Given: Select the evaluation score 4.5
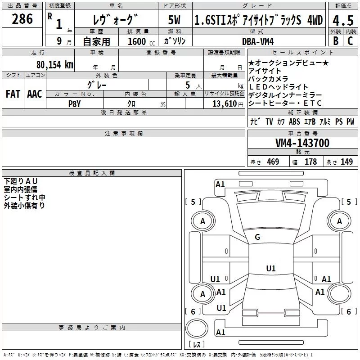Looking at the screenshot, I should [x=343, y=20].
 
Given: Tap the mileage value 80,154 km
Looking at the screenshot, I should [x=54, y=64].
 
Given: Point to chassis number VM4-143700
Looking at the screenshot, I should [x=302, y=143].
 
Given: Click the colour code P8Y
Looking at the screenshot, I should [x=74, y=103].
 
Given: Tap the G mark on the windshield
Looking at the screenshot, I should [x=257, y=237].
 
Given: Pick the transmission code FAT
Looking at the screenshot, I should [x=13, y=94].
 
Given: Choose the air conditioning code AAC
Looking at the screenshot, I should [x=34, y=94].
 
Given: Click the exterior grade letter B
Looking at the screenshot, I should [x=336, y=41].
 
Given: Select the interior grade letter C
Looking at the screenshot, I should [x=350, y=41].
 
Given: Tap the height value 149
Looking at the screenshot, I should [x=346, y=162].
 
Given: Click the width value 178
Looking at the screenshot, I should [x=310, y=162].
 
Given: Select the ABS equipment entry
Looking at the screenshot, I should [x=294, y=121].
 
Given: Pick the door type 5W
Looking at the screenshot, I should [x=174, y=20].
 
